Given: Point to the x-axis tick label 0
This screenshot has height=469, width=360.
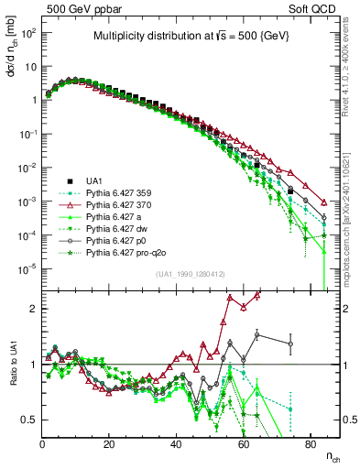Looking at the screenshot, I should pyautogui.click(x=43, y=442).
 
